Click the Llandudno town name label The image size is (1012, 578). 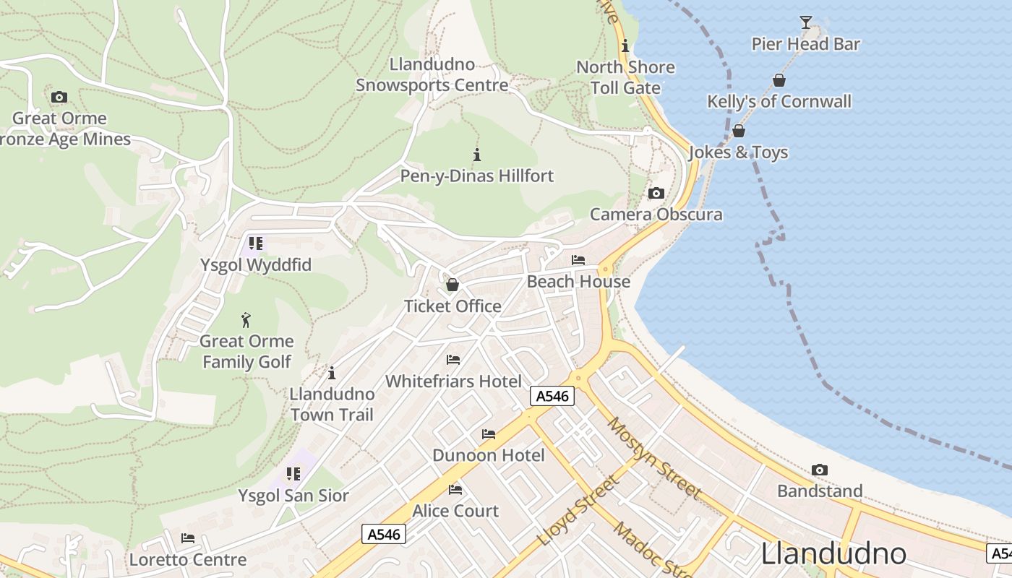pyautogui.click(x=833, y=553)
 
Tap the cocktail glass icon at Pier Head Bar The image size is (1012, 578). pyautogui.click(x=806, y=22)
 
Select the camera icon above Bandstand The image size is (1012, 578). pyautogui.click(x=819, y=470)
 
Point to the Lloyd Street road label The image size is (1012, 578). pyautogui.click(x=578, y=510)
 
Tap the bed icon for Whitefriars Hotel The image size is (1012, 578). pyautogui.click(x=453, y=360)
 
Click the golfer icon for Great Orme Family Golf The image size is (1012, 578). pyautogui.click(x=246, y=320)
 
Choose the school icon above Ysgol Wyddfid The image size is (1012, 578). pyautogui.click(x=256, y=243)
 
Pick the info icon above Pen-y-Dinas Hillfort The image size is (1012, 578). pyautogui.click(x=476, y=155)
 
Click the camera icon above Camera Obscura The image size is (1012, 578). pyautogui.click(x=656, y=193)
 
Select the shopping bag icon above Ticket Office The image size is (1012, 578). pyautogui.click(x=453, y=285)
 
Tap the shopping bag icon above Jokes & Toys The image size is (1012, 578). pyautogui.click(x=738, y=131)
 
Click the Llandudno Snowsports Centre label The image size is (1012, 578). pyautogui.click(x=432, y=74)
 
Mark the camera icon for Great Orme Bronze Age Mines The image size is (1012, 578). pyautogui.click(x=59, y=97)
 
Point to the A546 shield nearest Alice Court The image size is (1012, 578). pyautogui.click(x=383, y=534)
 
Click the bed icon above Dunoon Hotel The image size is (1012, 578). pyautogui.click(x=489, y=434)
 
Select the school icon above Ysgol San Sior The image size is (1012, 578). pyautogui.click(x=293, y=474)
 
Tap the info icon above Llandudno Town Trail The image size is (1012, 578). pyautogui.click(x=332, y=373)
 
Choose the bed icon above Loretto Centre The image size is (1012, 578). pyautogui.click(x=188, y=538)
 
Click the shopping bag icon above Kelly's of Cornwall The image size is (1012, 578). pyautogui.click(x=779, y=80)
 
